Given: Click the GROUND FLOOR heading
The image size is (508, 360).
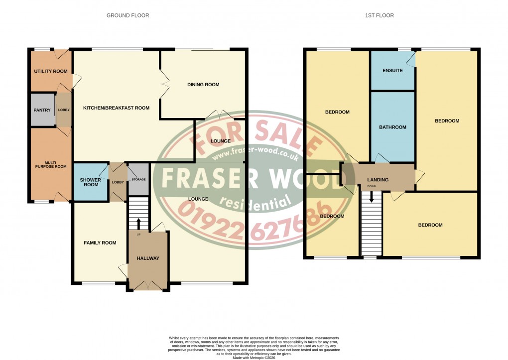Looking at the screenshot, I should pyautogui.click(x=127, y=15).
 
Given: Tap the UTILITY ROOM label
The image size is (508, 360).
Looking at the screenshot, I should pyautogui.click(x=50, y=71).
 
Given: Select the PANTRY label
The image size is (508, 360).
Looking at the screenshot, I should pyautogui.click(x=42, y=110).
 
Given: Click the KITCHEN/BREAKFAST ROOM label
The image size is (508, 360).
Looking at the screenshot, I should pyautogui.click(x=116, y=108).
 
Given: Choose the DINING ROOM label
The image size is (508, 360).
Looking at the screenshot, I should pyautogui.click(x=203, y=85).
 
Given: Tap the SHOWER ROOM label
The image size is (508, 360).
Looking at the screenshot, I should pyautogui.click(x=91, y=182).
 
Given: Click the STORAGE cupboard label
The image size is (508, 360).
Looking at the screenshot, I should pyautogui.click(x=138, y=179).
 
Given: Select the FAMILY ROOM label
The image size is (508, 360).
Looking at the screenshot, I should pyautogui.click(x=100, y=243).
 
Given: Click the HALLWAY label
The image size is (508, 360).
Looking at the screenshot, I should pyautogui.click(x=148, y=258).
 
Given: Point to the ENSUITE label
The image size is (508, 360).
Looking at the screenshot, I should pyautogui.click(x=392, y=71).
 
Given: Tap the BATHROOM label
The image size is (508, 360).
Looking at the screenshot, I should pyautogui.click(x=392, y=127).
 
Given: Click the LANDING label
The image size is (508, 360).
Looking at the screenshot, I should pyautogui.click(x=378, y=180).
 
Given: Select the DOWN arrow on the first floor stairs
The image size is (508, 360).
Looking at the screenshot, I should pyautogui.click(x=371, y=198).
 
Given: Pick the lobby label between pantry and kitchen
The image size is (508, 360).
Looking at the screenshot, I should pyautogui.click(x=64, y=110).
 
